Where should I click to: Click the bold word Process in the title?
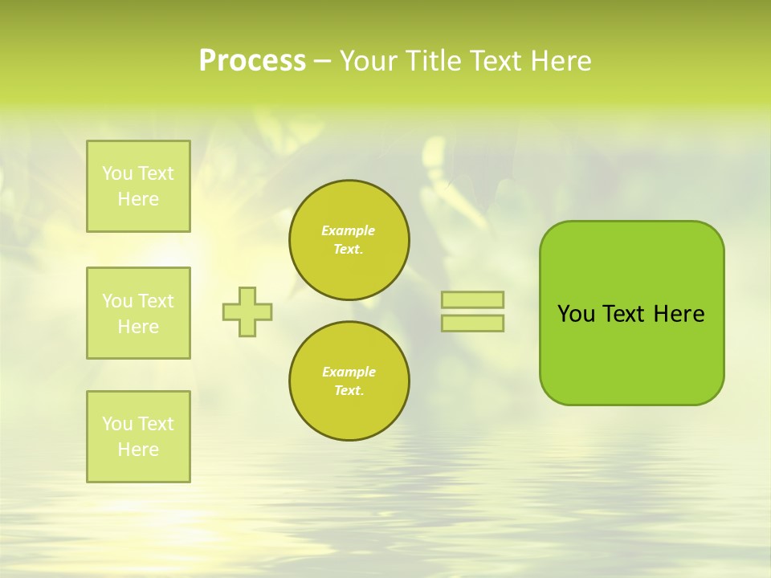click(x=252, y=61)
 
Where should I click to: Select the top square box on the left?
click(x=138, y=186)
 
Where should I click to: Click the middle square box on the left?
click(x=138, y=313)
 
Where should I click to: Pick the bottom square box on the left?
click(x=138, y=437)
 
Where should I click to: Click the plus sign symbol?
click(x=247, y=311)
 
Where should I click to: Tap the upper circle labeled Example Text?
click(x=349, y=240)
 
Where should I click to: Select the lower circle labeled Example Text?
click(x=349, y=381)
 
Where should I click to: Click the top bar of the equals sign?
click(x=472, y=299)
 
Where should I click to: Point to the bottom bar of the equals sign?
click(x=472, y=323)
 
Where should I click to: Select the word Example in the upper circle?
click(x=348, y=231)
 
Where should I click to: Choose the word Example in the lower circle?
click(x=349, y=372)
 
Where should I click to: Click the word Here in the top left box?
click(x=138, y=199)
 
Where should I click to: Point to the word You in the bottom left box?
click(x=117, y=424)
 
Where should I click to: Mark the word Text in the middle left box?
click(x=155, y=301)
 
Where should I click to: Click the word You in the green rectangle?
click(x=576, y=314)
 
